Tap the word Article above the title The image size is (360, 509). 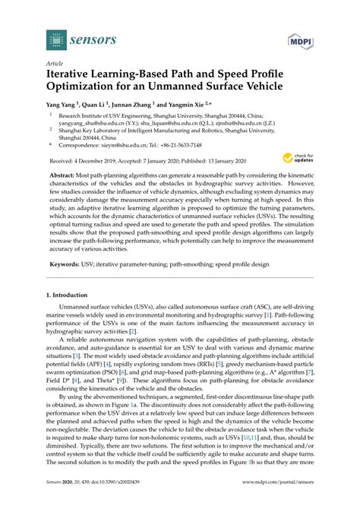pyautogui.click(x=55, y=65)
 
